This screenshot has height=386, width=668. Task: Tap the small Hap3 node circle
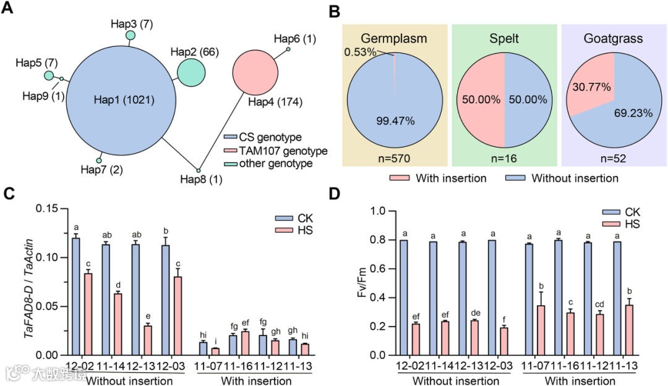click(x=131, y=35)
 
